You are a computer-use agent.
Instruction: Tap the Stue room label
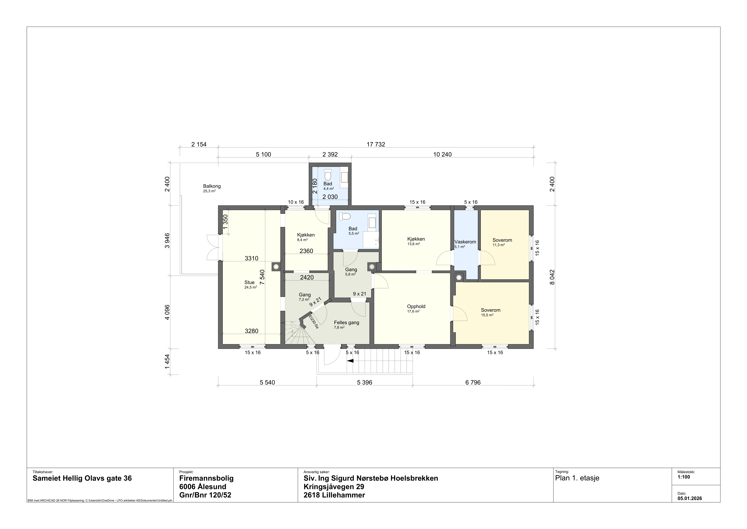pyautogui.click(x=250, y=282)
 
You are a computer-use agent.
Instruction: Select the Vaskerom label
pyautogui.click(x=465, y=242)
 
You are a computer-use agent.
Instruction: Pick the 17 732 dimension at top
pyautogui.click(x=376, y=144)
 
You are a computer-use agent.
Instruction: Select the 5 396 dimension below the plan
pyautogui.click(x=364, y=382)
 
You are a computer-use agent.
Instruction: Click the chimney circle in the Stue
pyautogui.click(x=276, y=266)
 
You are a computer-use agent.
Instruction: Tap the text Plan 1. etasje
pyautogui.click(x=577, y=478)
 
